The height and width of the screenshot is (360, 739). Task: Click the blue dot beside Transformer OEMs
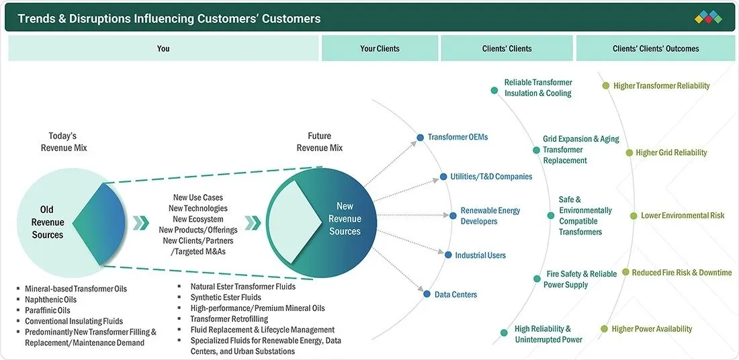420,138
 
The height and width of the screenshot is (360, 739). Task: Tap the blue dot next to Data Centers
427,294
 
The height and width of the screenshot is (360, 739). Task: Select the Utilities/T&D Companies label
491,177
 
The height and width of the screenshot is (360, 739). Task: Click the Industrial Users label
480,255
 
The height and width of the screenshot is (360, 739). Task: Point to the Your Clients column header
380,48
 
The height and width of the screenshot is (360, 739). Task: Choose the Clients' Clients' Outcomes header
656,48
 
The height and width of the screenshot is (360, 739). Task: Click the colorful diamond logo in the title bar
708,17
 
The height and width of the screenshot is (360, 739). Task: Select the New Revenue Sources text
345,219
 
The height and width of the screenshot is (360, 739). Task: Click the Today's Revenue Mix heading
64,142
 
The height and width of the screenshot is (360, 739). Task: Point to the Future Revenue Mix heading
320,142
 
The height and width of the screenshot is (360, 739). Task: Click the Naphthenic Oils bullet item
50,299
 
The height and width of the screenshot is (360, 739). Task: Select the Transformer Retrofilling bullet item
229,319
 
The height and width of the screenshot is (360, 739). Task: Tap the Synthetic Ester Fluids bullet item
226,298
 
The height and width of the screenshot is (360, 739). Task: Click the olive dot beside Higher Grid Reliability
629,152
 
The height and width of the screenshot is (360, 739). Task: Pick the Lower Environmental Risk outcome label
683,216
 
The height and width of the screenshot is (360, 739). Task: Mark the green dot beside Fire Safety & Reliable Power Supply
536,279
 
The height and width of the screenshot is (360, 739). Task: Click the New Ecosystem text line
198,219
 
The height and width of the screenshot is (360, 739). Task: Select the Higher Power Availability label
652,329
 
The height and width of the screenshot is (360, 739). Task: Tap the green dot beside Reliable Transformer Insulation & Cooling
494,90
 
